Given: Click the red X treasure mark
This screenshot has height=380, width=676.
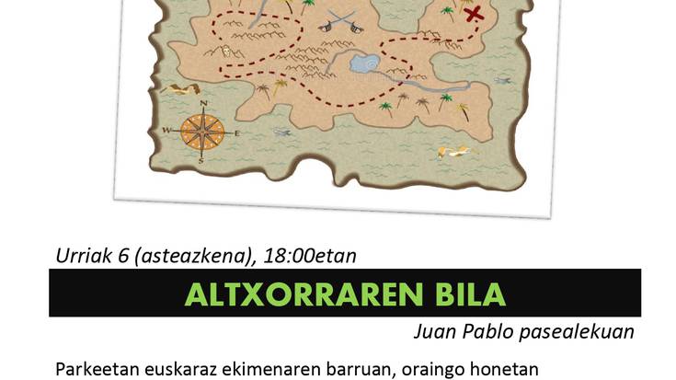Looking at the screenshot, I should pyautogui.click(x=475, y=15).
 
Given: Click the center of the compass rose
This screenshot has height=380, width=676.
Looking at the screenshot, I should pyautogui.click(x=201, y=132).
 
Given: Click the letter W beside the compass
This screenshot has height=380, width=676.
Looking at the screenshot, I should pyautogui.click(x=167, y=132).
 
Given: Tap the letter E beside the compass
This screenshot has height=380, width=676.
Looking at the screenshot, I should pyautogui.click(x=236, y=133).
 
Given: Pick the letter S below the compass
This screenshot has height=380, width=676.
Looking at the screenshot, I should pyautogui.click(x=201, y=161).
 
